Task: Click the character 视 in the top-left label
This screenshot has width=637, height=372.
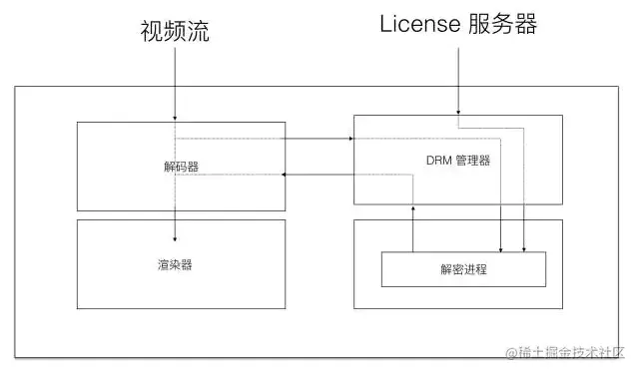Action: pyautogui.click(x=151, y=32)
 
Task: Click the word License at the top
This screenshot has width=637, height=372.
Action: pyautogui.click(x=418, y=25)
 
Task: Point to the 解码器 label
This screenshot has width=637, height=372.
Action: pyautogui.click(x=181, y=166)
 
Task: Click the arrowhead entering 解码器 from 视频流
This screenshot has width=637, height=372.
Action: pyautogui.click(x=176, y=119)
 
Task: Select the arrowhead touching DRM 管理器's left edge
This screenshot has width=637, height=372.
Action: pyautogui.click(x=350, y=138)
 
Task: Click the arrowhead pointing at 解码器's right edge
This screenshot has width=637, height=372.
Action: pyautogui.click(x=289, y=175)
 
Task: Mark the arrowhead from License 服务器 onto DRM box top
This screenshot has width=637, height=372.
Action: pyautogui.click(x=458, y=112)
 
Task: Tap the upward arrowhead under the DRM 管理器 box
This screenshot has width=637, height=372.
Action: pyautogui.click(x=411, y=207)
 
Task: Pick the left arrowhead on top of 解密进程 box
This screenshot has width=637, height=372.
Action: pyautogui.click(x=500, y=248)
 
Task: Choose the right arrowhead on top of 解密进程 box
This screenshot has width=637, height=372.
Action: pyautogui.click(x=525, y=248)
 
